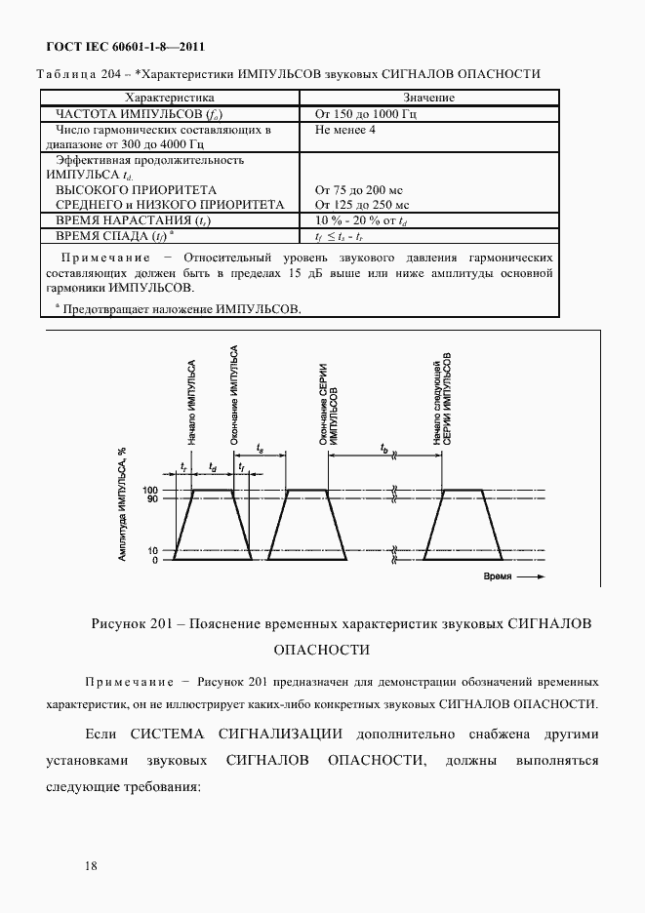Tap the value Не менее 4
coord(346,129)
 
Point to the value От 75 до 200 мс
coord(360,189)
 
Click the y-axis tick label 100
coord(150,490)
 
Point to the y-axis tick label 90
coord(153,499)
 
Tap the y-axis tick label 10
coord(153,551)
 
